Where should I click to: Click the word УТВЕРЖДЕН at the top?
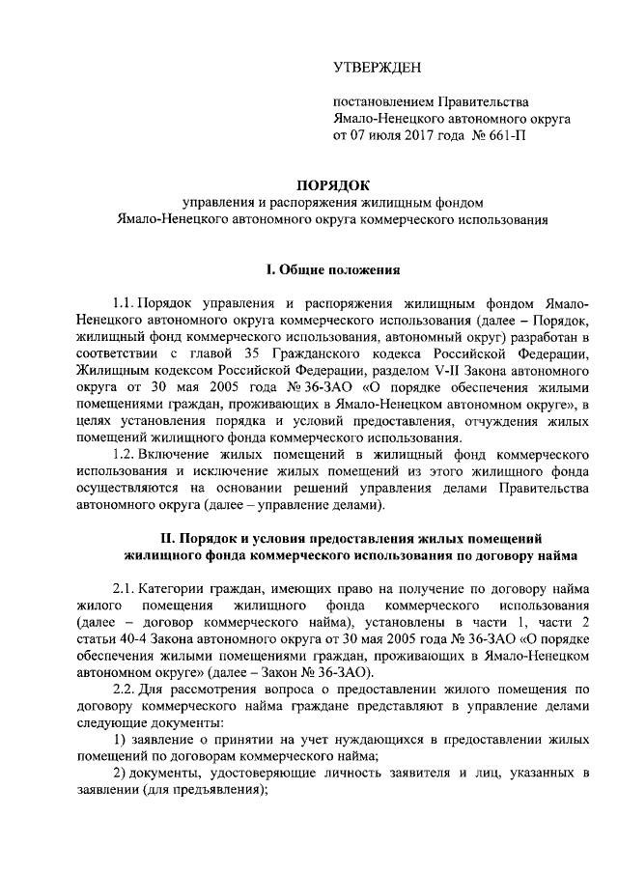(x=378, y=67)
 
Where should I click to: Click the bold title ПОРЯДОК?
(x=332, y=183)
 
